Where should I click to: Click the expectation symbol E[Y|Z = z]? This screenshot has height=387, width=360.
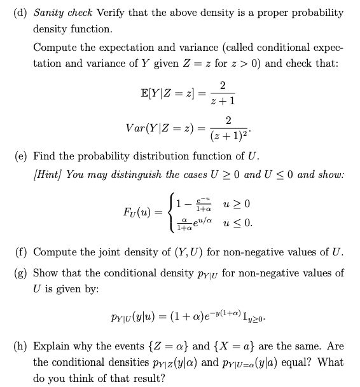(x=167, y=93)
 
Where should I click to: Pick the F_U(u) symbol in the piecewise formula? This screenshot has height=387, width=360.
(x=139, y=210)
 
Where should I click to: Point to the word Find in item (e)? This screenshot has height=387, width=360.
(x=44, y=156)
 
